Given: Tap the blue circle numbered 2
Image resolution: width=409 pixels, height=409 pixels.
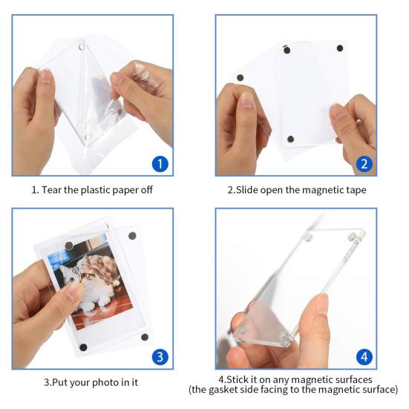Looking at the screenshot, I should click(363, 163).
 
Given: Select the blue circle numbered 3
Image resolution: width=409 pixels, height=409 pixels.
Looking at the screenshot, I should click(160, 357).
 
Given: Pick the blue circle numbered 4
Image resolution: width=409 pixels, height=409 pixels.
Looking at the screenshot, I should click(363, 357).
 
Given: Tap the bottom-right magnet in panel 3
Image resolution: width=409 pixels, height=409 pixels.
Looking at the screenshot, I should click(145, 337).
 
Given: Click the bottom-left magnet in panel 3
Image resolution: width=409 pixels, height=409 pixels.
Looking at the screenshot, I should click(83, 347).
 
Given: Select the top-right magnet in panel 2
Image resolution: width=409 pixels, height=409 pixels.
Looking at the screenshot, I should click(340, 49).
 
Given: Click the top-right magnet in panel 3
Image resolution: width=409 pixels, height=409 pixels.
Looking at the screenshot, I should click(134, 237).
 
